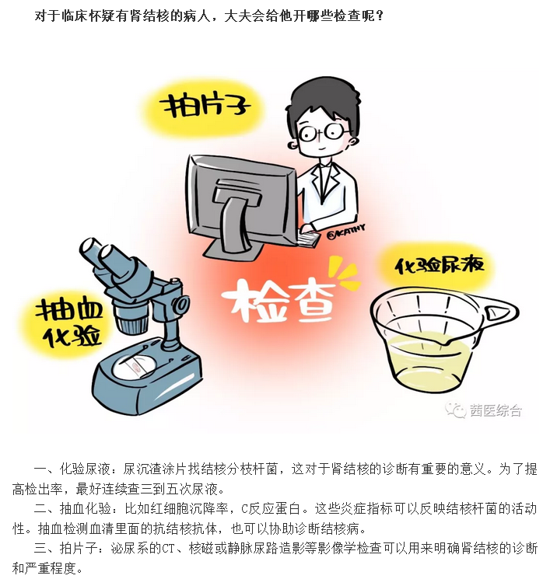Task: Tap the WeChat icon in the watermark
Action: pos(455,410)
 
